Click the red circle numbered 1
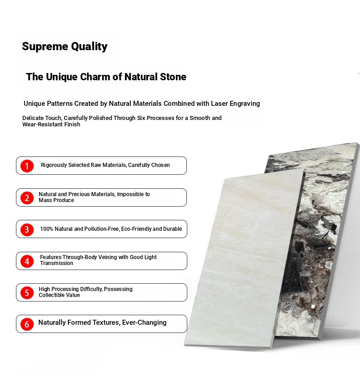tap(27, 166)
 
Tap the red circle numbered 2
tap(27, 198)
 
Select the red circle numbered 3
tap(27, 229)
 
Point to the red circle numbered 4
tap(27, 261)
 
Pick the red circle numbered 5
tap(27, 293)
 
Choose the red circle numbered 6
tap(27, 324)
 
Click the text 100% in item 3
tap(46, 229)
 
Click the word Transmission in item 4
tap(57, 263)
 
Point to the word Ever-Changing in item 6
tap(144, 323)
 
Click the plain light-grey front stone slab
tap(243, 259)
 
